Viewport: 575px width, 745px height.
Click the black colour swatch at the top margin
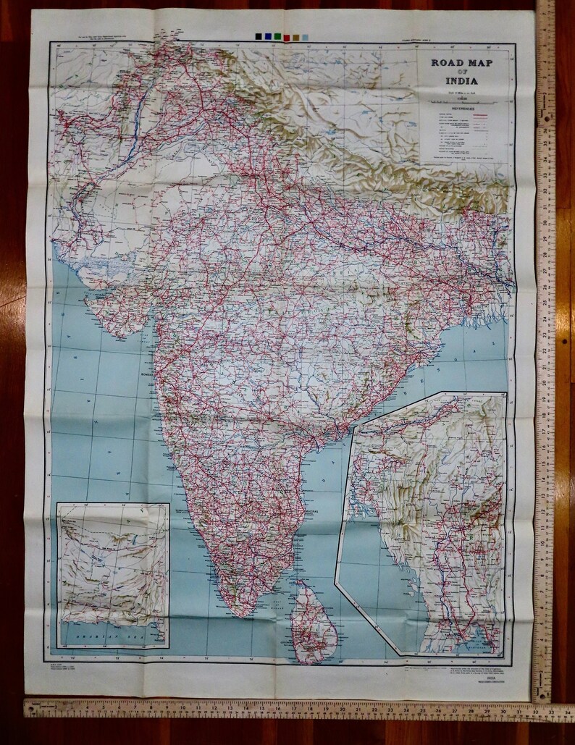click(259, 35)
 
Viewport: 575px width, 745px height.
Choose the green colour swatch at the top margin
click(278, 35)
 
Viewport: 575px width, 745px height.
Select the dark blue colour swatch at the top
click(269, 35)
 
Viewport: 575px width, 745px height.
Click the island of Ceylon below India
click(315, 623)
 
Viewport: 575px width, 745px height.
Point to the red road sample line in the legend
click(493, 114)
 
